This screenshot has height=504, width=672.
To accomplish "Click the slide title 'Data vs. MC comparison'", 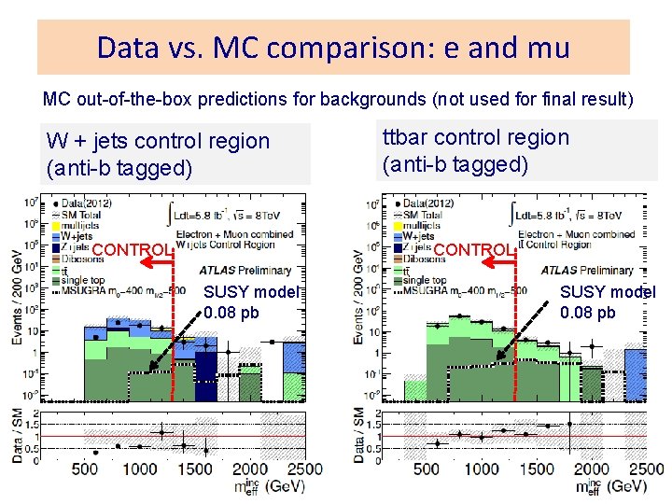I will coord(333,47).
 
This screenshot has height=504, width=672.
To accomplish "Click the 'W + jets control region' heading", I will coord(158,141).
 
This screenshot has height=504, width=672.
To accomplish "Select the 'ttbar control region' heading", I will coord(475,137).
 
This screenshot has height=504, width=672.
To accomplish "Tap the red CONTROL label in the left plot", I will coord(133,250).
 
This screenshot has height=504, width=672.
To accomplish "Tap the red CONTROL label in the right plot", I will coord(474,250).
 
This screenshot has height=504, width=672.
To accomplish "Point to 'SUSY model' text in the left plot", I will coord(250,292).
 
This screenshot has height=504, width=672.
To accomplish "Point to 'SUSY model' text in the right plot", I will coord(608,292).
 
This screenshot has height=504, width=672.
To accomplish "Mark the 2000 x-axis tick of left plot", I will coord(249,469).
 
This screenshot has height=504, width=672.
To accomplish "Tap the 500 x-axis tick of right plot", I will coord(426,469).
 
